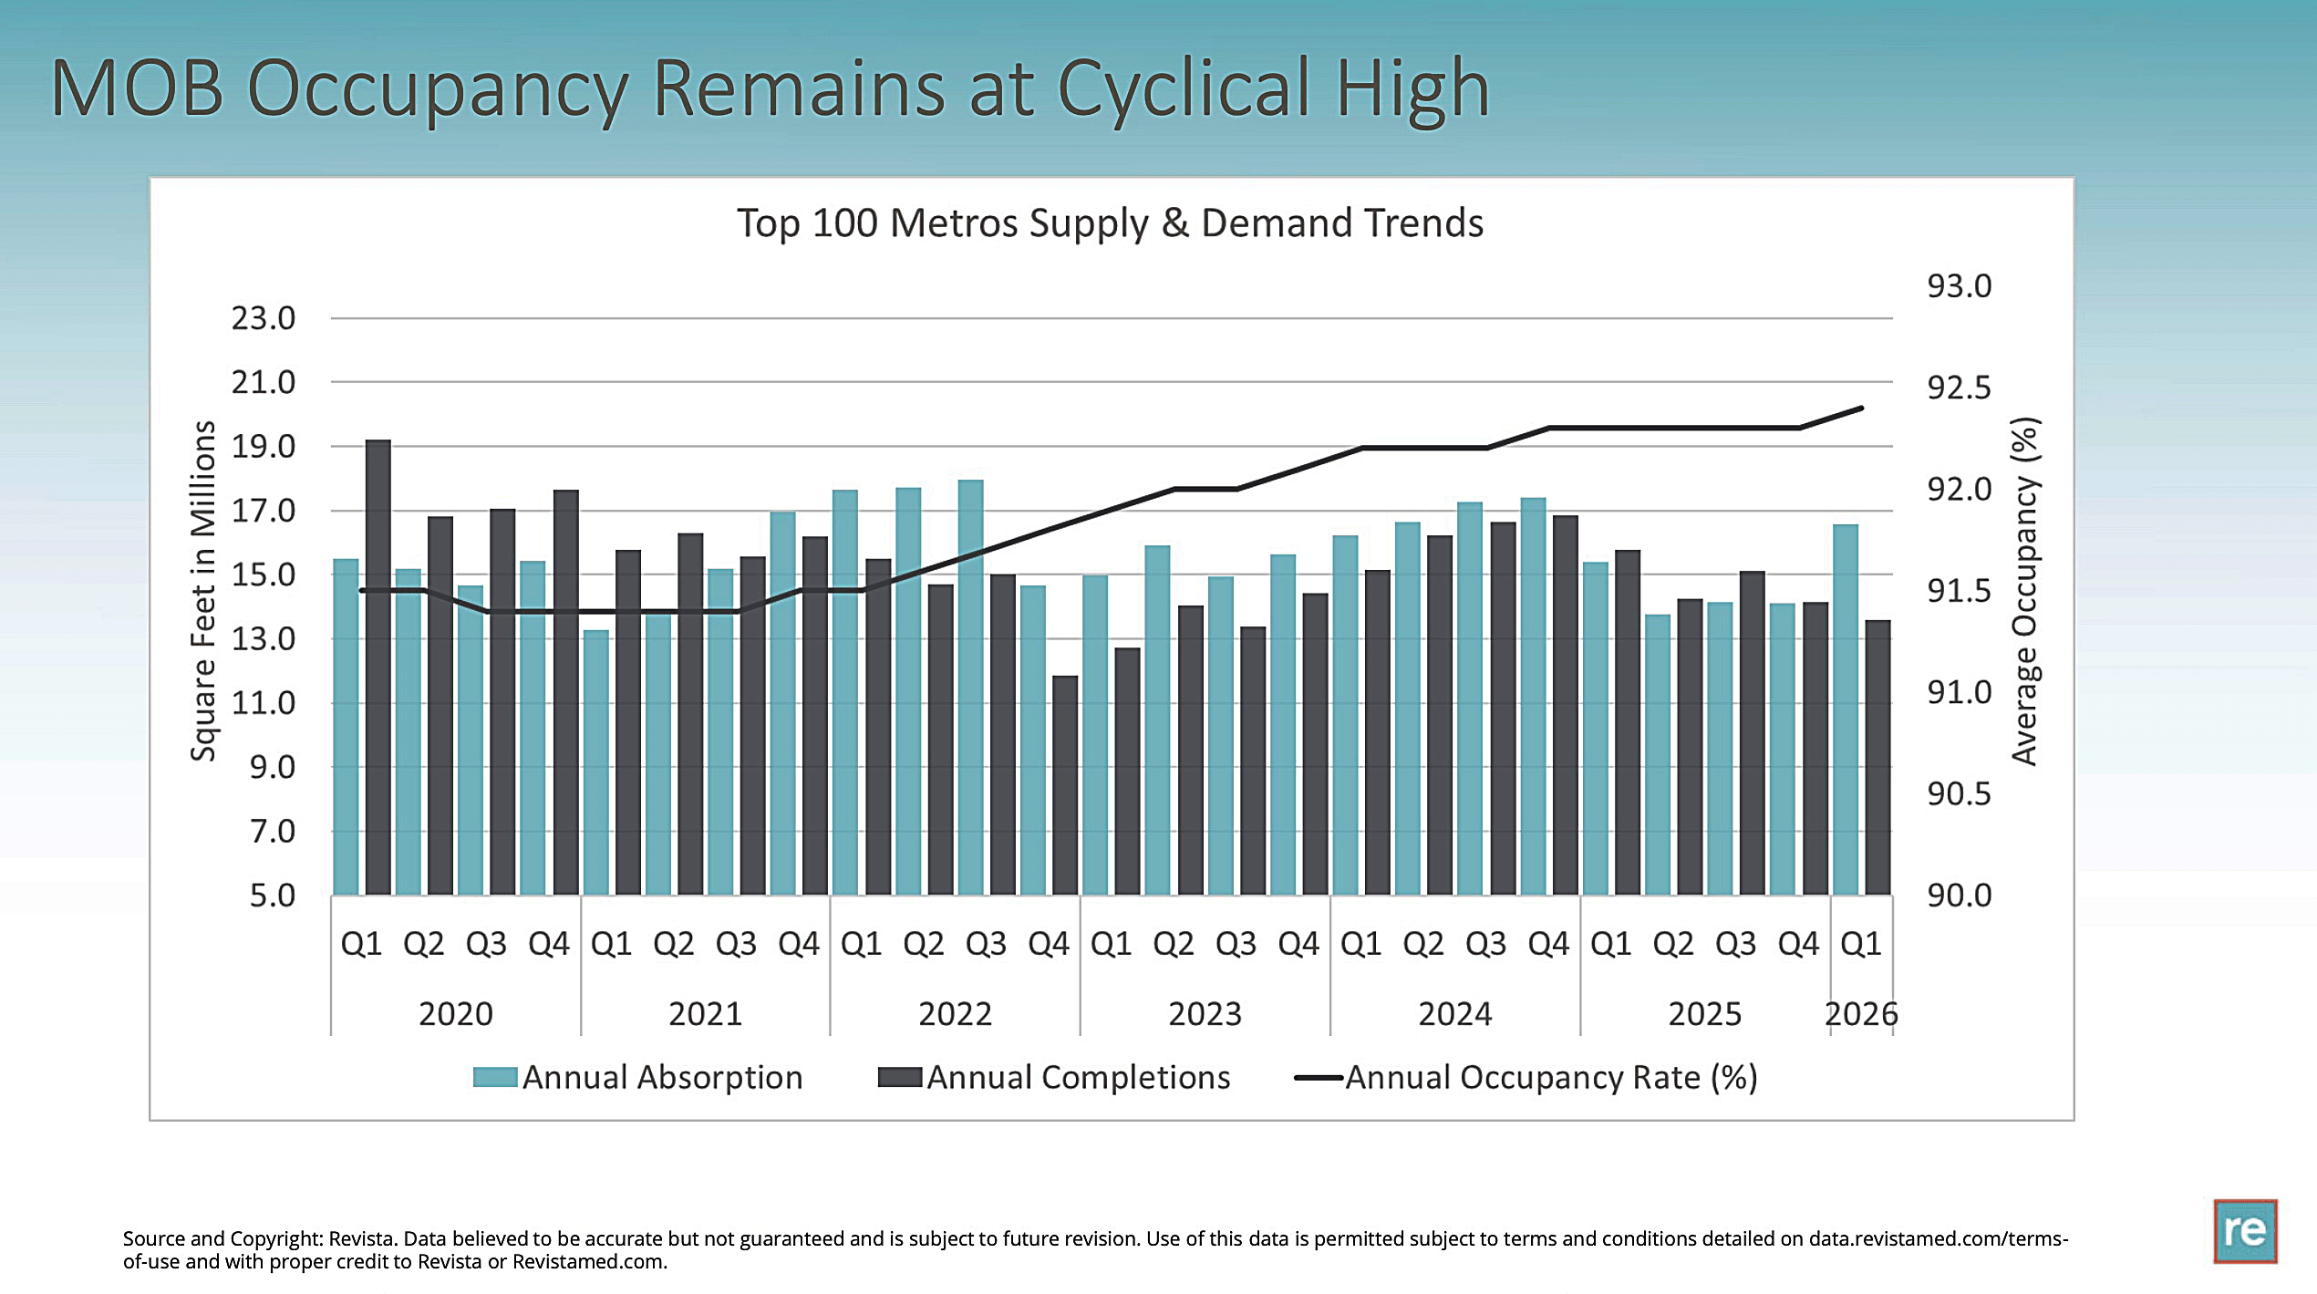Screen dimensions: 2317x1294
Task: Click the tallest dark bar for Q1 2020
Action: pyautogui.click(x=378, y=667)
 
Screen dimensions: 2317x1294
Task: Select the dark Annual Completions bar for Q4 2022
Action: pyautogui.click(x=1065, y=785)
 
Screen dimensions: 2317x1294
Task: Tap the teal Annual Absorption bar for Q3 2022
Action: pyautogui.click(x=971, y=687)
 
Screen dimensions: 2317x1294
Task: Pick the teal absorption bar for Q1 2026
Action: pyautogui.click(x=1846, y=709)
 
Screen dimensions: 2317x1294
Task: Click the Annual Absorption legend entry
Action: pyautogui.click(x=637, y=1077)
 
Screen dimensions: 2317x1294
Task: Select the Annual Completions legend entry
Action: pyautogui.click(x=1054, y=1077)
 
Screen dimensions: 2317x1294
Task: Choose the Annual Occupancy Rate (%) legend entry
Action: pyautogui.click(x=1526, y=1078)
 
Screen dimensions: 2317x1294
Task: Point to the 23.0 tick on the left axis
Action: pyautogui.click(x=264, y=318)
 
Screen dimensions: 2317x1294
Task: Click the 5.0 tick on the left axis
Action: pyautogui.click(x=273, y=895)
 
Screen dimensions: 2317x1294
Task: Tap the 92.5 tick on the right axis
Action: pyautogui.click(x=1960, y=388)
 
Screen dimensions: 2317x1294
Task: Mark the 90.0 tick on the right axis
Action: pyautogui.click(x=1960, y=895)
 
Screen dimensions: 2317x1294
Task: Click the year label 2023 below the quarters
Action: pyautogui.click(x=1205, y=1014)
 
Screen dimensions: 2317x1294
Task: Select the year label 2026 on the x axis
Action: pyautogui.click(x=1861, y=1014)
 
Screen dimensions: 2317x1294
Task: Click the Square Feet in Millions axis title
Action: pyautogui.click(x=202, y=591)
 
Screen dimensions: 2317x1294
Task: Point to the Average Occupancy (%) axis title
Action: pyautogui.click(x=2024, y=591)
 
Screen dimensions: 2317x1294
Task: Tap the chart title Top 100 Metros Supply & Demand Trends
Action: pyautogui.click(x=1110, y=223)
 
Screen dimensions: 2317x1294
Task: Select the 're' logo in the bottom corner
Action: pyautogui.click(x=2245, y=1231)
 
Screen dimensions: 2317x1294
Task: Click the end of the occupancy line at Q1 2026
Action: pyautogui.click(x=1861, y=408)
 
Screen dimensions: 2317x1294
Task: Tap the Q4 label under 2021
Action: pyautogui.click(x=799, y=944)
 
